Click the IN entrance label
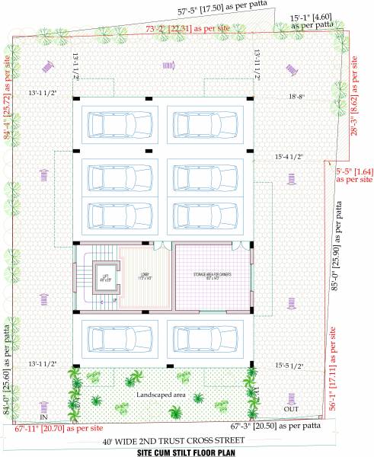(43, 418)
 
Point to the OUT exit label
(291, 410)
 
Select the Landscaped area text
(161, 396)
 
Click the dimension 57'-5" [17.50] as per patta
(217, 12)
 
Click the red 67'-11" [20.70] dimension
(59, 429)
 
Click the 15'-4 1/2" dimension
(289, 157)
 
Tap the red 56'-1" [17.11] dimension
(333, 373)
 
